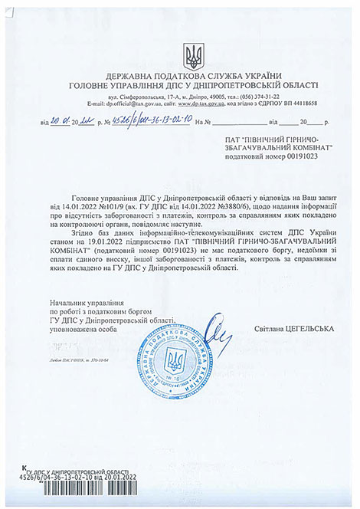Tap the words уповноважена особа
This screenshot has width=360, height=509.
[85, 330]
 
